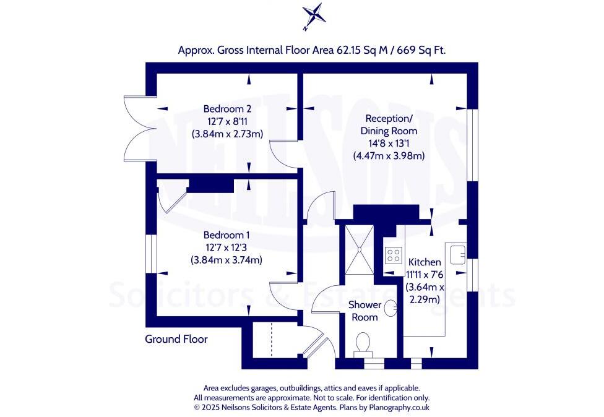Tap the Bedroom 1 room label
226,235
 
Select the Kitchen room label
424,262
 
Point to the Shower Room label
364,311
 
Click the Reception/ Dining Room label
390,124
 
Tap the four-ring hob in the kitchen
393,255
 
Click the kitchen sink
458,254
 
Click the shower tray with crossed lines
360,249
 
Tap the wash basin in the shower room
391,307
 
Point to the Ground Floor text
176,339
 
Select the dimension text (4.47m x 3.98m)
389,156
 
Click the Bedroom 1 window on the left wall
150,253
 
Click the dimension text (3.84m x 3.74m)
226,260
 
